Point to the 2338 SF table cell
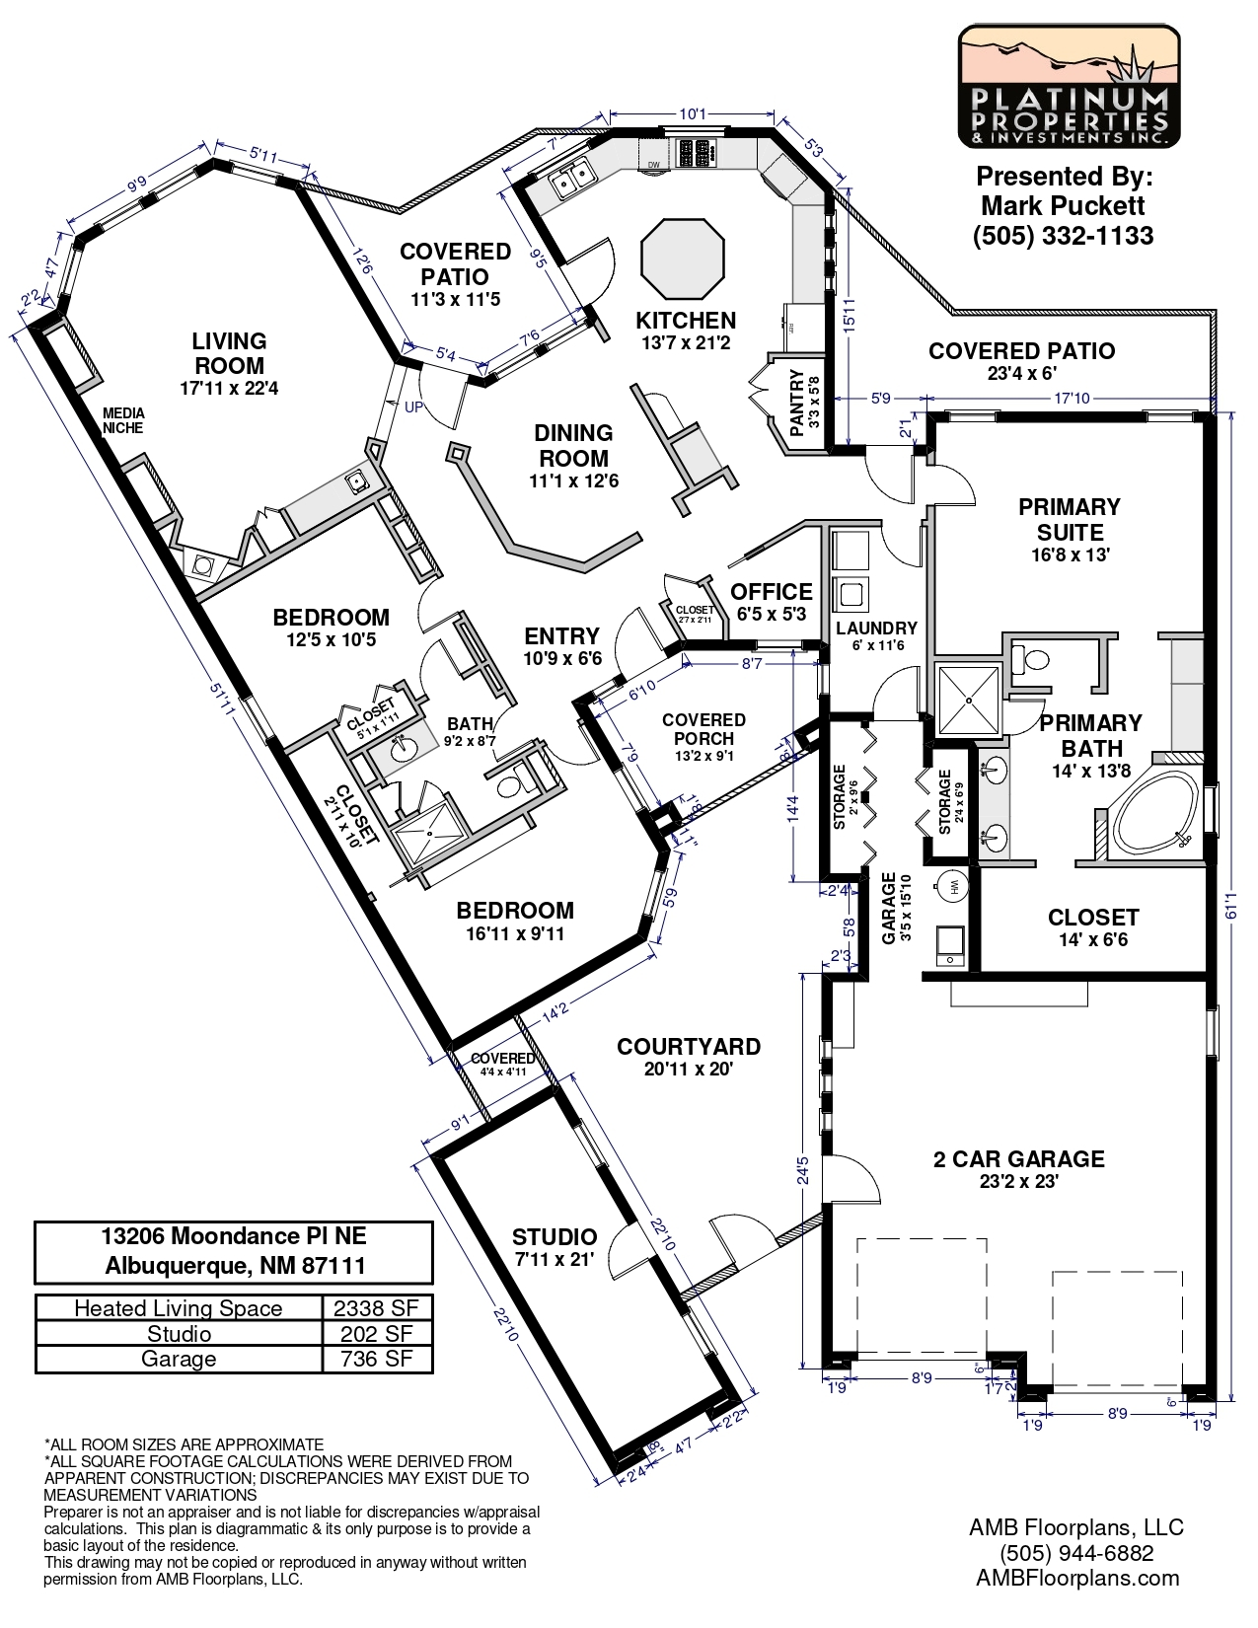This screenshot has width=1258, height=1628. click(376, 1308)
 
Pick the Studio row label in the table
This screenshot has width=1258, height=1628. click(179, 1334)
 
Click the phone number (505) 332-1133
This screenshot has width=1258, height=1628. click(1063, 236)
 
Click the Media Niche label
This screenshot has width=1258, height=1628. click(124, 420)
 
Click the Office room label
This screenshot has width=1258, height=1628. click(772, 592)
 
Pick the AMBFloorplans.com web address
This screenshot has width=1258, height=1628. click(1077, 1577)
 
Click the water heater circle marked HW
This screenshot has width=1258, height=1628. click(953, 886)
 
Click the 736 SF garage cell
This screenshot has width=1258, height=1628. click(376, 1359)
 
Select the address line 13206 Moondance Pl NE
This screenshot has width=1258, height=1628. click(234, 1236)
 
